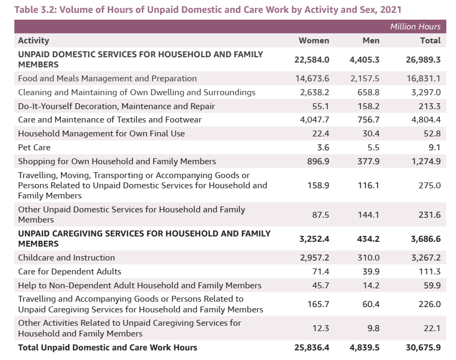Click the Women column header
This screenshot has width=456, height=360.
click(x=314, y=41)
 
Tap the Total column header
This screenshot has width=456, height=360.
click(x=430, y=41)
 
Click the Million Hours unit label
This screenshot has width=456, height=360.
click(x=415, y=27)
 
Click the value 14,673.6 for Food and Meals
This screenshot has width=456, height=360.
click(x=312, y=79)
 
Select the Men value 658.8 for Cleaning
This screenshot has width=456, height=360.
click(x=368, y=93)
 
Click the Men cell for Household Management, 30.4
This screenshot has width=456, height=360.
click(x=370, y=134)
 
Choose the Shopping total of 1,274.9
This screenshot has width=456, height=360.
click(x=426, y=162)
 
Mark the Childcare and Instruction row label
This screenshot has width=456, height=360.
click(x=66, y=258)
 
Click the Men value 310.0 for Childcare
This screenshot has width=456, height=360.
click(x=369, y=258)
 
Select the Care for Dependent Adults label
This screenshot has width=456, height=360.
click(x=70, y=272)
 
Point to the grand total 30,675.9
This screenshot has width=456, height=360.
click(x=423, y=348)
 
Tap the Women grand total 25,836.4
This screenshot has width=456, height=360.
click(x=311, y=348)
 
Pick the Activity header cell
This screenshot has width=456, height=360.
click(x=33, y=41)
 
